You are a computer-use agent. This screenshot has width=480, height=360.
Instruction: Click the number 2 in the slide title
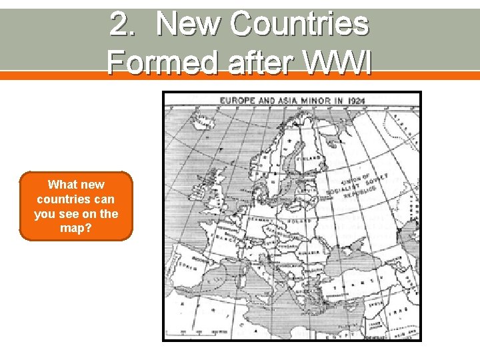pos(120,25)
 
